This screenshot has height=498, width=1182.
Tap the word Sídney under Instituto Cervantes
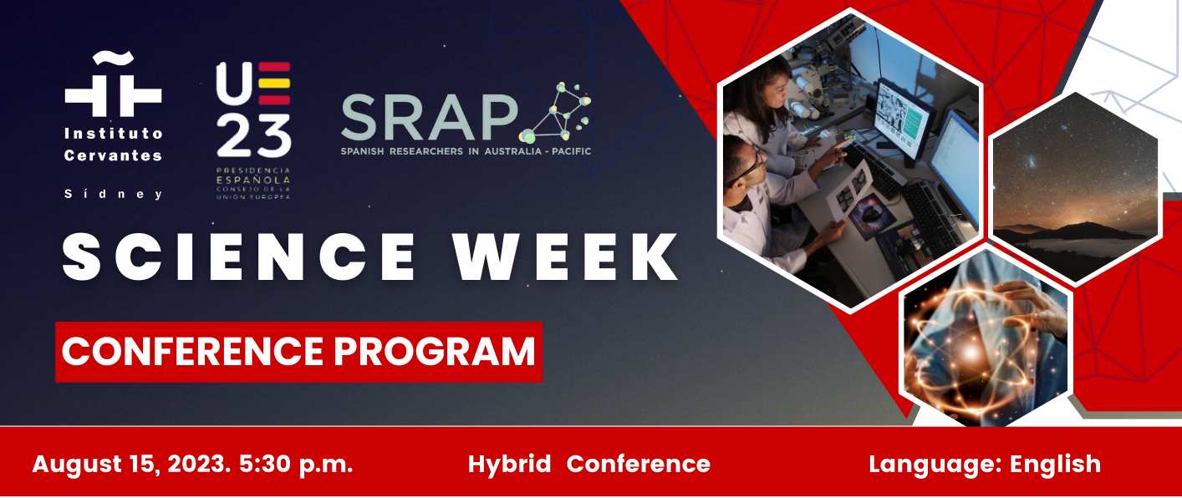tap(113, 194)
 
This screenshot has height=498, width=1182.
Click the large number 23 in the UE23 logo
tap(254, 135)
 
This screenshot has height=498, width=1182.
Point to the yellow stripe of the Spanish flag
tap(274, 84)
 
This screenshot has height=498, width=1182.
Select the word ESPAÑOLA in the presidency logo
tap(253, 180)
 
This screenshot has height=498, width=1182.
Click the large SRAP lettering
tap(430, 117)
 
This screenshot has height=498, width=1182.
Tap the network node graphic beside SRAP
tap(555, 113)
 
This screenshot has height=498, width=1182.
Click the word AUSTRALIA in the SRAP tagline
tap(511, 151)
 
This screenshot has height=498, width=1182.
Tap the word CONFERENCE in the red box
tap(192, 351)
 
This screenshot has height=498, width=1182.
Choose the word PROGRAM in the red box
tap(435, 351)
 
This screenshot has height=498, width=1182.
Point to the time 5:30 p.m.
tap(296, 465)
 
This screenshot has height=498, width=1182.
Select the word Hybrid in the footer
tap(509, 465)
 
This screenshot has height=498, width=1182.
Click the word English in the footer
tap(1055, 465)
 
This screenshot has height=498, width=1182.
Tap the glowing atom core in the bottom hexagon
tap(970, 350)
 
